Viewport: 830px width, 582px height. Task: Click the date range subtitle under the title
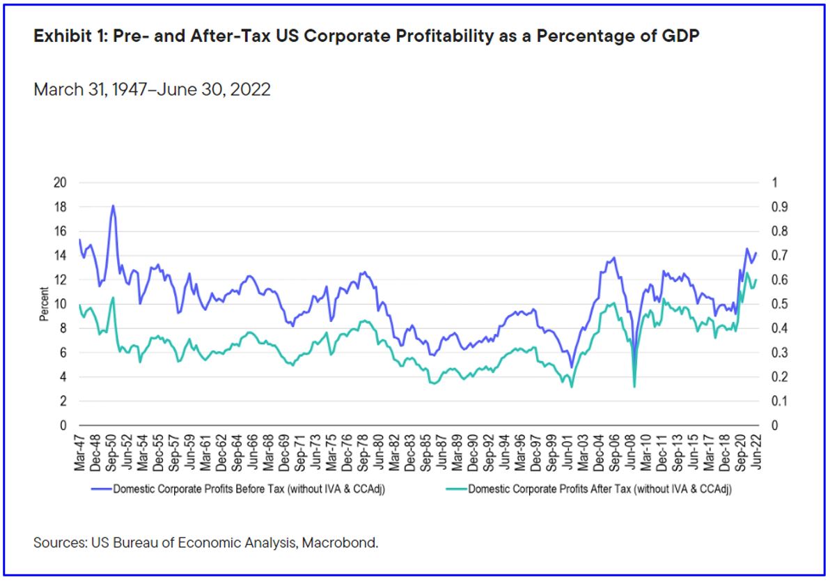click(x=152, y=91)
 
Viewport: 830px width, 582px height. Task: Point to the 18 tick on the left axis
click(x=61, y=207)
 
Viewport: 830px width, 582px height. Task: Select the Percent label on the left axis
click(x=44, y=304)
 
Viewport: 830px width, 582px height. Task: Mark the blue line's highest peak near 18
click(x=113, y=206)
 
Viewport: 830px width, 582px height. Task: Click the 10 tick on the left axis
click(x=61, y=304)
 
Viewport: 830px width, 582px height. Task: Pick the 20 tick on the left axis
click(x=61, y=183)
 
